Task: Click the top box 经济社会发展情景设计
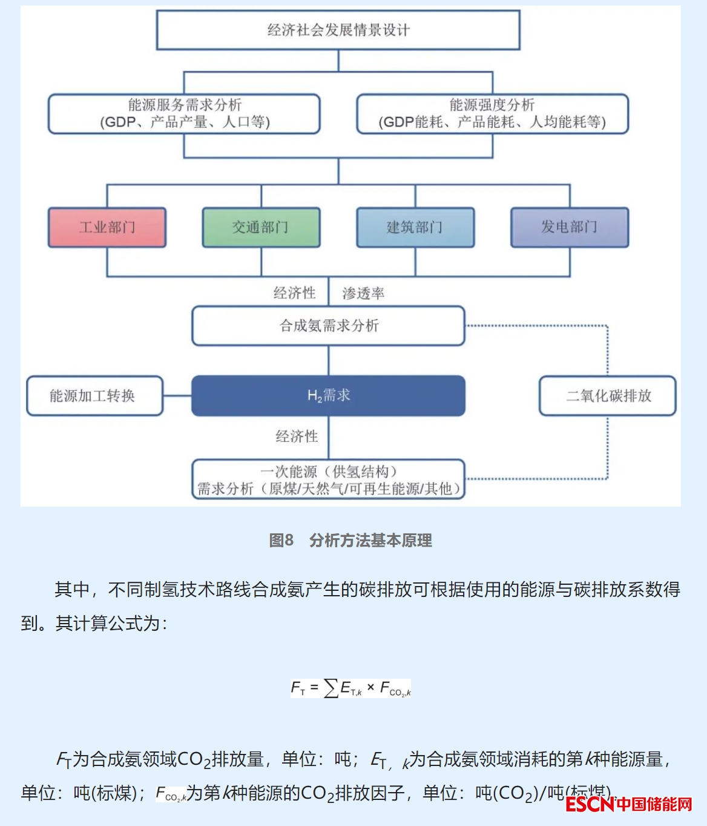tap(338, 30)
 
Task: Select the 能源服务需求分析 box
tap(184, 113)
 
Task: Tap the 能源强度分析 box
tap(492, 113)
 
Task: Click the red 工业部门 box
tap(107, 227)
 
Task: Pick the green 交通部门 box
tap(261, 227)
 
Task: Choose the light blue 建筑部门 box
tap(415, 227)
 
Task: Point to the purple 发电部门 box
tap(570, 227)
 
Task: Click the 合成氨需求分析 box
tap(328, 326)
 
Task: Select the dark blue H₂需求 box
tap(328, 396)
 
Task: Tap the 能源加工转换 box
tap(94, 396)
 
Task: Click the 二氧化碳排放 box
tap(608, 396)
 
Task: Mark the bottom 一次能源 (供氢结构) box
tap(328, 479)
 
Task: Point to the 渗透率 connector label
tap(363, 294)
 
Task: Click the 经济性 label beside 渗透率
tap(295, 293)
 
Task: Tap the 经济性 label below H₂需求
tap(297, 436)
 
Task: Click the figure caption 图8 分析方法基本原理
tap(350, 540)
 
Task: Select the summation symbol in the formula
tap(331, 688)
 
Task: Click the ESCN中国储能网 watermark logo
tap(629, 804)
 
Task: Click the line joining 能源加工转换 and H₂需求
tap(177, 396)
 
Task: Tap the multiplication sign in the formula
tap(370, 687)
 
